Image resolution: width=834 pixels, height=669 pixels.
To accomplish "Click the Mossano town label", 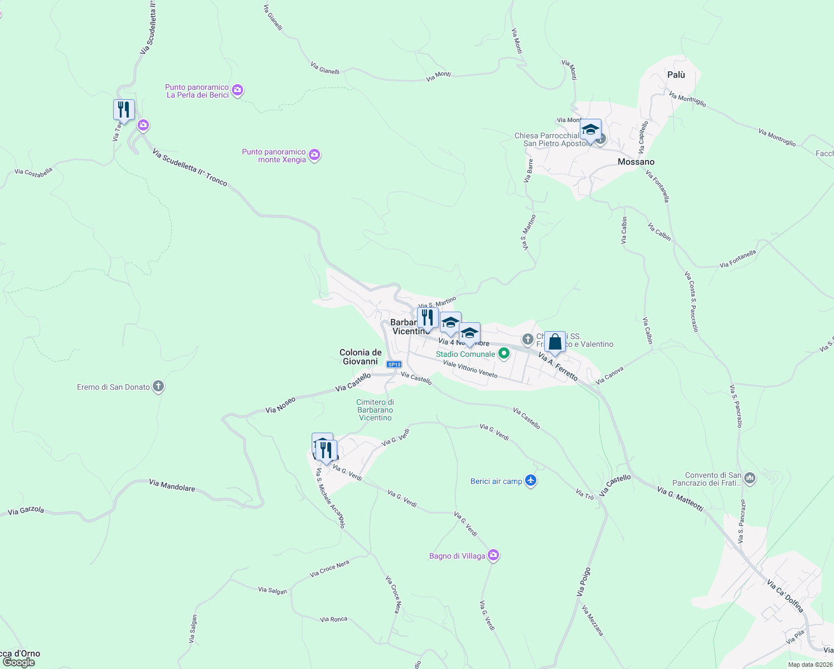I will pyautogui.click(x=636, y=162).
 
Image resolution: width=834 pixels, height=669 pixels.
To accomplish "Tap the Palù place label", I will pyautogui.click(x=676, y=75).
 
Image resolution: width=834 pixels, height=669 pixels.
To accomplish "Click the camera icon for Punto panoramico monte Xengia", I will pyautogui.click(x=314, y=155).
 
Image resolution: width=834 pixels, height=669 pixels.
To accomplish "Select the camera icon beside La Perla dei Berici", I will pyautogui.click(x=237, y=90).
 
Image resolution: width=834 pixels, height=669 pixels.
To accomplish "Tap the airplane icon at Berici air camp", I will pyautogui.click(x=531, y=481).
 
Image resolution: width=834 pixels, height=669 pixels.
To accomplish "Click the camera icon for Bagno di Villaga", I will pyautogui.click(x=493, y=555).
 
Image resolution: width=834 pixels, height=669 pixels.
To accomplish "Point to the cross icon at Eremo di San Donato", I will pyautogui.click(x=158, y=386).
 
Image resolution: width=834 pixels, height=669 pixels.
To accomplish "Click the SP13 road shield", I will pyautogui.click(x=394, y=365).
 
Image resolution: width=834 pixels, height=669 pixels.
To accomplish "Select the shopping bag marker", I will pyautogui.click(x=555, y=342).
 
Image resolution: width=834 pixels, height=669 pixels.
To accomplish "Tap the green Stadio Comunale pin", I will pyautogui.click(x=504, y=353).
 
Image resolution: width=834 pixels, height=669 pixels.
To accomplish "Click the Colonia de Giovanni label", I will pyautogui.click(x=361, y=357).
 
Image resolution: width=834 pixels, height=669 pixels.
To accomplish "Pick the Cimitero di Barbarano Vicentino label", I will pyautogui.click(x=375, y=410).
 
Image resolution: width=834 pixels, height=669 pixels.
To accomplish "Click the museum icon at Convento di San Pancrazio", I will pyautogui.click(x=750, y=478).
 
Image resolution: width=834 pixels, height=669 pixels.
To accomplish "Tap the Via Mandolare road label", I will pyautogui.click(x=172, y=485).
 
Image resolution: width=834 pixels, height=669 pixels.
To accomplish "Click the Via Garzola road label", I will pyautogui.click(x=26, y=510).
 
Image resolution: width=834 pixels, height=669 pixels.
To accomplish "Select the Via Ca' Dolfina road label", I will pyautogui.click(x=785, y=596).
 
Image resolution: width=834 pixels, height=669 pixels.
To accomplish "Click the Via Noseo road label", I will pyautogui.click(x=280, y=405).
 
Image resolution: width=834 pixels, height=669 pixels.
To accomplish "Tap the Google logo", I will pyautogui.click(x=18, y=662).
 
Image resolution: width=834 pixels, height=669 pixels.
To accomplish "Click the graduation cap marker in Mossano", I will pyautogui.click(x=590, y=130).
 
